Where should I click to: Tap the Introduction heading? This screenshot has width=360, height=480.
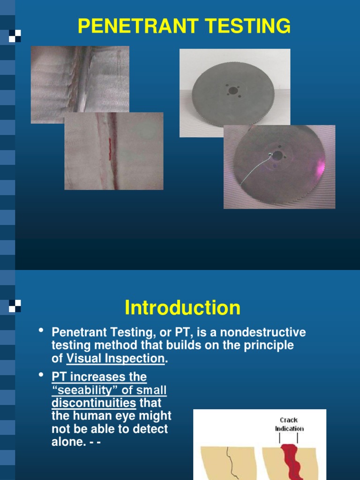click(182, 308)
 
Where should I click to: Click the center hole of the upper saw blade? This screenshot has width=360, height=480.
click(233, 90)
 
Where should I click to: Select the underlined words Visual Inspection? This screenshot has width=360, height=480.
click(116, 359)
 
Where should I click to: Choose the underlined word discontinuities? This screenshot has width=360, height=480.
click(94, 403)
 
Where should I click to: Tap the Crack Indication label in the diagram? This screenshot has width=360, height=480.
click(289, 424)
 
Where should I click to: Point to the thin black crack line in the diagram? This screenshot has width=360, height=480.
click(230, 462)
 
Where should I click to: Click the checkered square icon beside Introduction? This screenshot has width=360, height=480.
click(15, 307)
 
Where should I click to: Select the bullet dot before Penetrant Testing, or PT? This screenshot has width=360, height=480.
click(41, 332)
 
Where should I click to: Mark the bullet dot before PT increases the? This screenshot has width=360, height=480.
click(41, 376)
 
